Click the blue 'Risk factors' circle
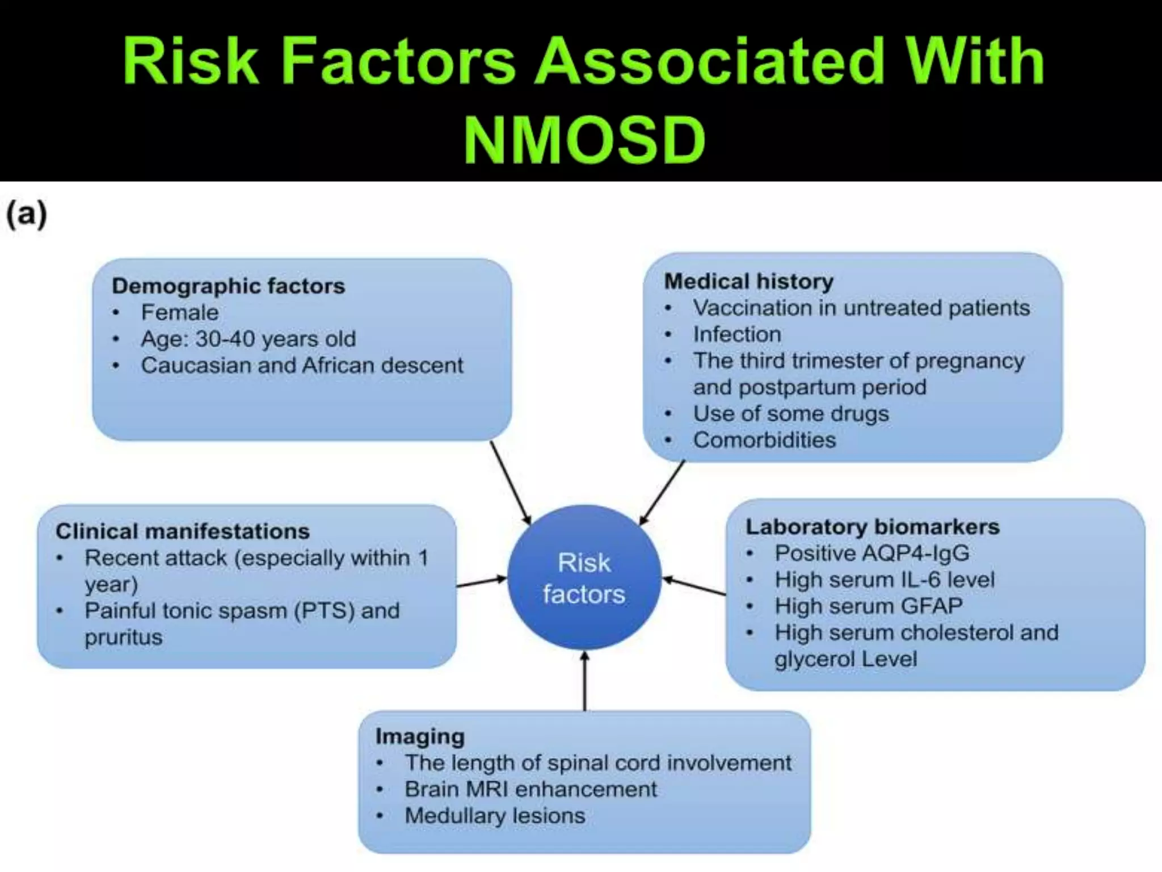coord(584,578)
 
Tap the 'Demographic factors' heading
coord(228,286)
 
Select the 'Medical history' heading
coord(748,281)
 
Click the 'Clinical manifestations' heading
coord(183,531)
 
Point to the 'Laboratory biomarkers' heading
coord(872,526)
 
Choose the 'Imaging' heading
coord(420,736)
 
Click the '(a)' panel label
coord(26,215)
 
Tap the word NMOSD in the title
coord(584,140)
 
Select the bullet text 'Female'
coord(179,312)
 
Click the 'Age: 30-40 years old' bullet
coord(248,339)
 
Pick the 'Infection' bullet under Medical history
coord(736,334)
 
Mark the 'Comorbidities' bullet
coord(764,440)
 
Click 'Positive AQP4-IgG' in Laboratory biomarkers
coord(872,553)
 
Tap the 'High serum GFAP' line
coord(869,606)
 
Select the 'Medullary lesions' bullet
coord(494,816)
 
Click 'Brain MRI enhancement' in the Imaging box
coord(531,789)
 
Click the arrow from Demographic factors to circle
coord(511,483)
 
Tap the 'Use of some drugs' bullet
coord(790,413)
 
